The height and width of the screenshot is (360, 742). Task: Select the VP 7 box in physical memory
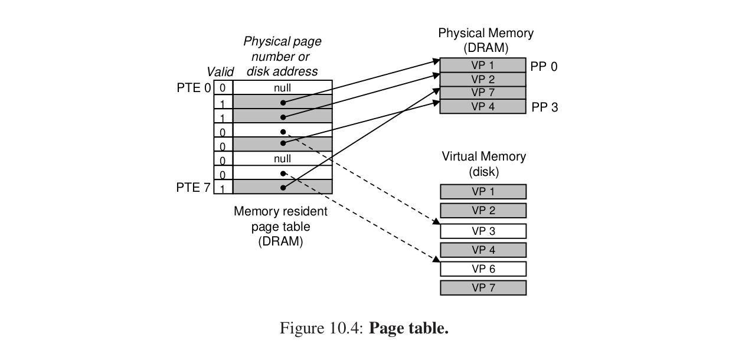(x=483, y=93)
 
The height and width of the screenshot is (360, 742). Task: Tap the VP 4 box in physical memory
(x=483, y=107)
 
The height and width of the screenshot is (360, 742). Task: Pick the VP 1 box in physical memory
(x=483, y=65)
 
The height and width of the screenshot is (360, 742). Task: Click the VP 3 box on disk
(x=483, y=231)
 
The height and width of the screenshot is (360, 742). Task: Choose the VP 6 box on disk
(x=483, y=269)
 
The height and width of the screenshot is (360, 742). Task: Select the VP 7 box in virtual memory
(x=483, y=288)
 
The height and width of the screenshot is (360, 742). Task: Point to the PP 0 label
(x=544, y=67)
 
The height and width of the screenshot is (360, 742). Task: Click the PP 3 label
(x=544, y=107)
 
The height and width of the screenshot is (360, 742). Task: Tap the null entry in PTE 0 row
(x=282, y=88)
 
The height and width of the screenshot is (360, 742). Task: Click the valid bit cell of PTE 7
(x=223, y=188)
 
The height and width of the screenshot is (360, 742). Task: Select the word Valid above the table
(x=220, y=72)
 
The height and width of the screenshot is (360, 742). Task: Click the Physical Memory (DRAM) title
(x=485, y=40)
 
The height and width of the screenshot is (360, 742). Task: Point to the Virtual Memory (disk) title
(x=483, y=164)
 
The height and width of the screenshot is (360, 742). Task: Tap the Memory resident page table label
(x=280, y=226)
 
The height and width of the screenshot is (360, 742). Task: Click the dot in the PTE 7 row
(x=283, y=188)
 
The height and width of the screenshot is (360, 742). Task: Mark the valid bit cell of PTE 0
(x=223, y=88)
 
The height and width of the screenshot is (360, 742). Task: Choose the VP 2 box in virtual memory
(x=483, y=211)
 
